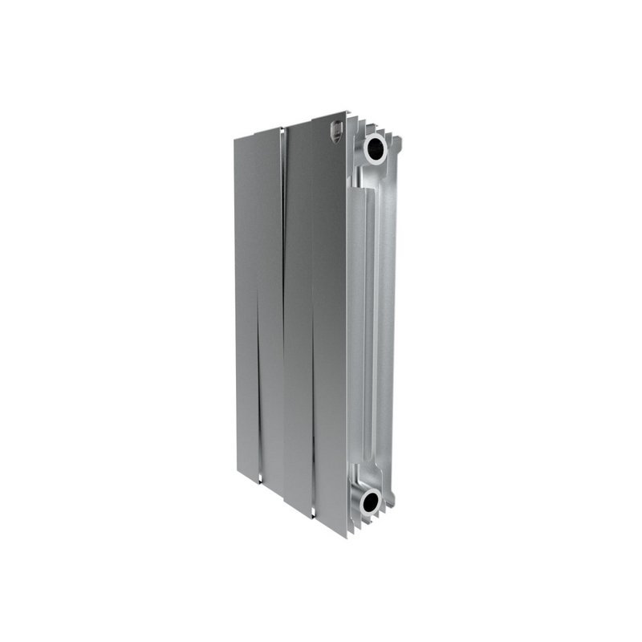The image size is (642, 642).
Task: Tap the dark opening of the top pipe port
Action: coord(374,148)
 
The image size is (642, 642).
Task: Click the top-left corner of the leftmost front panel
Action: coord(235,139)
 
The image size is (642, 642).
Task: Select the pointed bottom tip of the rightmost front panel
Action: coord(346,536)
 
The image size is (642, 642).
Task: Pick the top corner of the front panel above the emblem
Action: coord(346,112)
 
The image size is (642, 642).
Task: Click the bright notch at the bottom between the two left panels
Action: coord(260,480)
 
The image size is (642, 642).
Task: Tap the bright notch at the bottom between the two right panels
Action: coord(311,514)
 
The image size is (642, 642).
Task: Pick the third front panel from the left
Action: coord(299,321)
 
